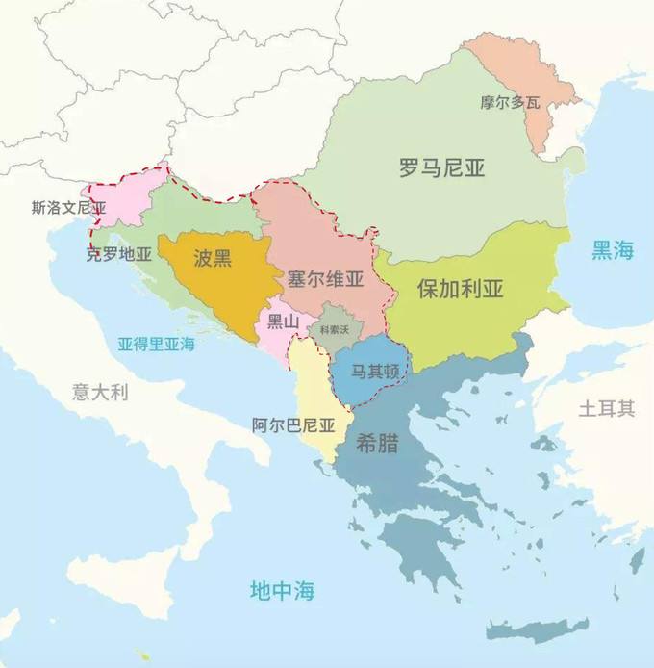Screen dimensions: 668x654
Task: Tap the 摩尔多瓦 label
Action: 510,101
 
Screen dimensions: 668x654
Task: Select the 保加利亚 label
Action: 461,289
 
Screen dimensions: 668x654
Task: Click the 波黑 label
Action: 212,257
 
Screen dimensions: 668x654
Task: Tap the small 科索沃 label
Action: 339,330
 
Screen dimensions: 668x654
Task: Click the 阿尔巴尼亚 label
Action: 293,424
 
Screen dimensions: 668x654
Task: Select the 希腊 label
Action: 378,446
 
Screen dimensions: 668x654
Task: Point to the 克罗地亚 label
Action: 119,254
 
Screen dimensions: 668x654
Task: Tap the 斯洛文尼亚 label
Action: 68,207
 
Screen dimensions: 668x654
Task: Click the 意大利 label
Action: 100,393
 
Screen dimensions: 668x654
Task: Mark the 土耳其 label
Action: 606,408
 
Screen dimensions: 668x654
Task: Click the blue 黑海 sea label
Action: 613,251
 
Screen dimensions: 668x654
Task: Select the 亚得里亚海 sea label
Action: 157,343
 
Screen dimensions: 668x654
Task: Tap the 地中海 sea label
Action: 282,589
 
